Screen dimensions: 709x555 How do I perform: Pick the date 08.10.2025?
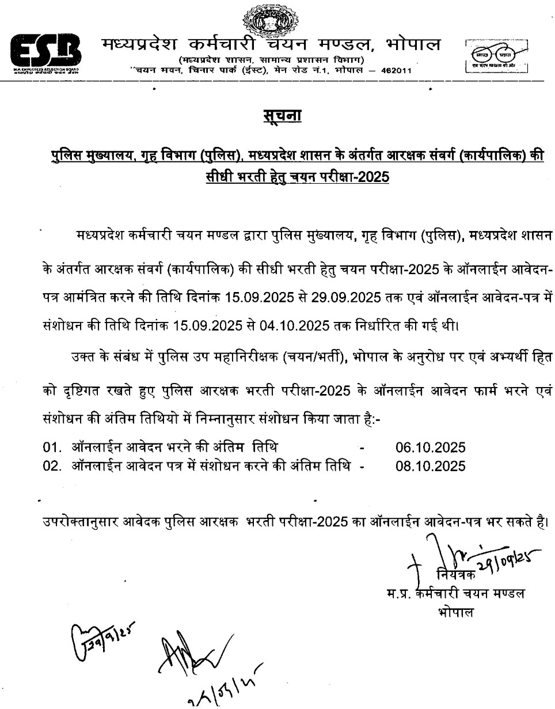[430, 465]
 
